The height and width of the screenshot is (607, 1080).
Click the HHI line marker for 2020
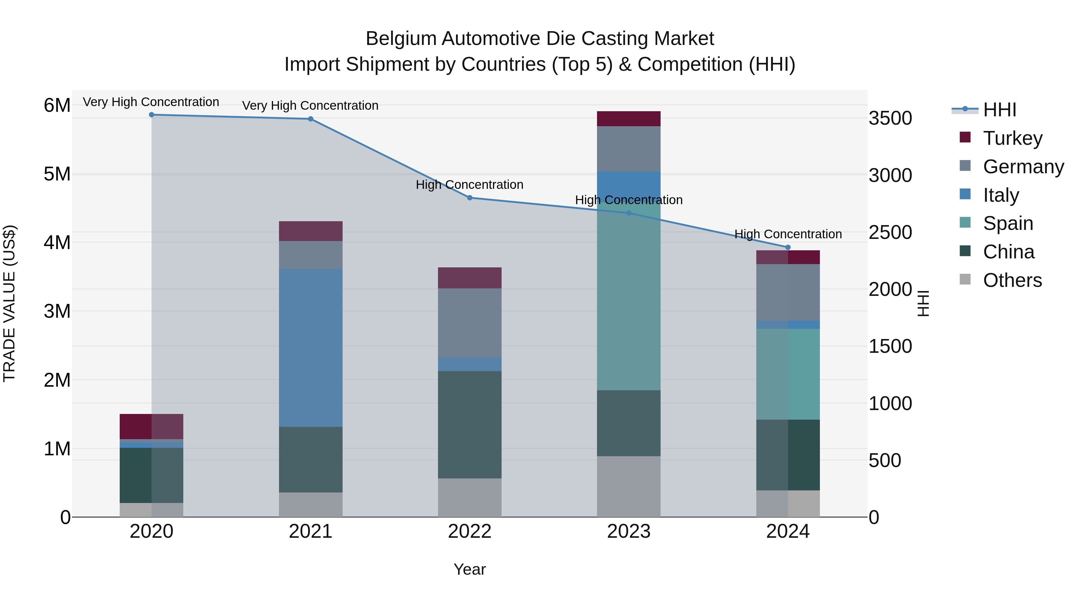[x=151, y=115]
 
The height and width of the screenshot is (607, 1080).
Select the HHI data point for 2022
[x=469, y=198]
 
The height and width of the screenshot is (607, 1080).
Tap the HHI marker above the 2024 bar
[x=788, y=247]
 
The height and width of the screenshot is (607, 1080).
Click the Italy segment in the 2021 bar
[x=311, y=348]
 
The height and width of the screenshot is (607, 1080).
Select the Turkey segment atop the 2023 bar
[x=628, y=118]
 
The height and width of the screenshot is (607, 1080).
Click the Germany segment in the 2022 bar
[x=469, y=323]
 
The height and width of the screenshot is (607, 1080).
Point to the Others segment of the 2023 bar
[x=628, y=486]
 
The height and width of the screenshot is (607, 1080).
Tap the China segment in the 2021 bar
[x=311, y=460]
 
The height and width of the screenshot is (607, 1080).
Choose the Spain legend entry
[x=1008, y=223]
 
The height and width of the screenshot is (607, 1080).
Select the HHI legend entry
[x=1000, y=110]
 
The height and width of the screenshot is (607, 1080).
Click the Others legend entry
[x=1012, y=280]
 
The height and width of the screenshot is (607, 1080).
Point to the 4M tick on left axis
[x=57, y=243]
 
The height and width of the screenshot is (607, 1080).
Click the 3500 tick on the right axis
[x=890, y=118]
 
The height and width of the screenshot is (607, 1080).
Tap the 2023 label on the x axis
[x=628, y=531]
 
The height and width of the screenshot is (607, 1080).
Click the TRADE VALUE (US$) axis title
[x=9, y=303]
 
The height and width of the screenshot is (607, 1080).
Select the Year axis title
[x=469, y=569]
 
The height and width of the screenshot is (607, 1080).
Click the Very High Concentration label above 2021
[x=310, y=106]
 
